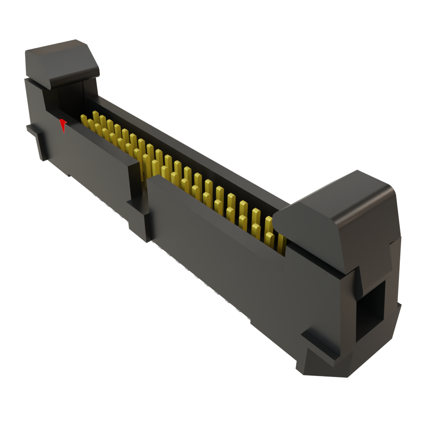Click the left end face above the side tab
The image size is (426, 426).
33,104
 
